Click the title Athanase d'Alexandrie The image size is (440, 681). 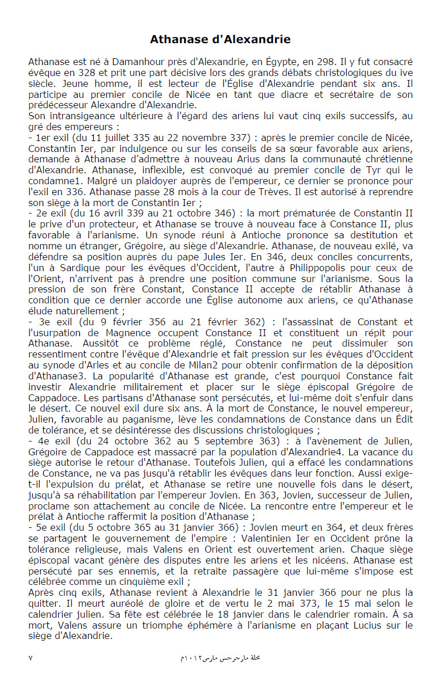[220, 40]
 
